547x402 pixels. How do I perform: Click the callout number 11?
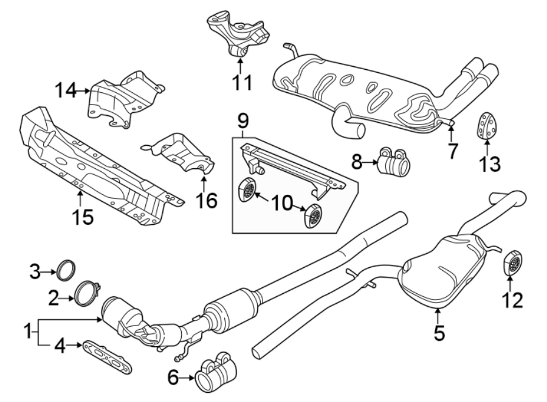(x=243, y=82)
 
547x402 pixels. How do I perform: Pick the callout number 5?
(x=439, y=332)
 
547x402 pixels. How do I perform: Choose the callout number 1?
(x=26, y=332)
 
